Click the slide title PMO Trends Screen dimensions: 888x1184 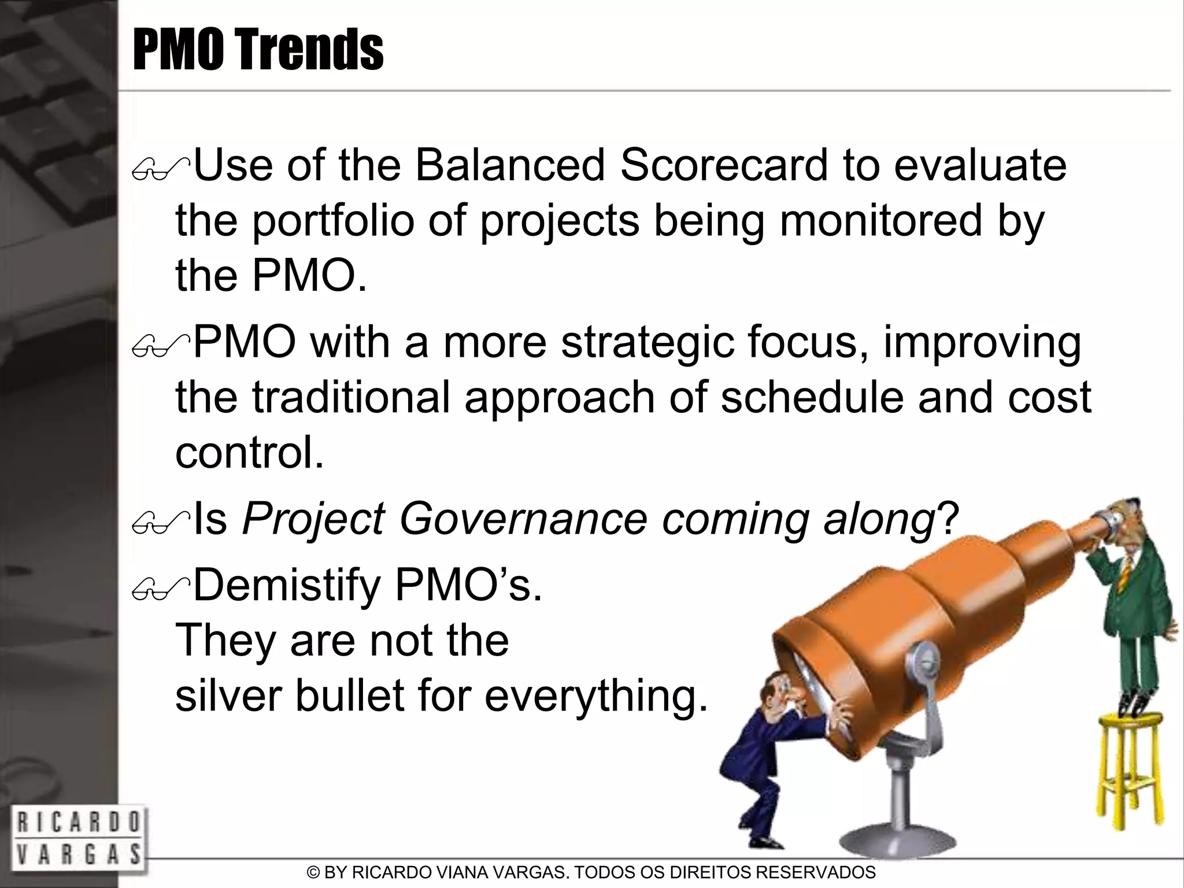pos(258,50)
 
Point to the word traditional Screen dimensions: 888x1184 pos(351,398)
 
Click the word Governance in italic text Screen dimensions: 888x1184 pos(523,519)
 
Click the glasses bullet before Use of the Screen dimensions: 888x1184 pos(160,172)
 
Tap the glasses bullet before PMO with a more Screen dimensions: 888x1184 pos(160,349)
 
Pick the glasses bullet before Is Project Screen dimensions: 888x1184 pos(160,525)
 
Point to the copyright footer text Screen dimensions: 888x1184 pos(591,872)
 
